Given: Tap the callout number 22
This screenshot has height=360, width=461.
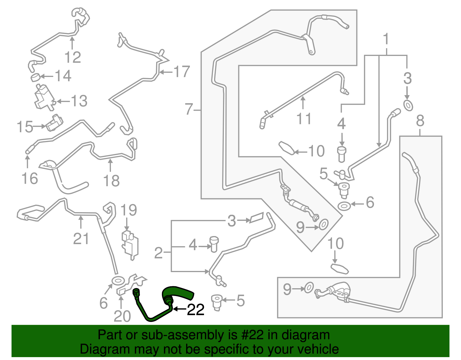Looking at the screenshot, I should click(x=196, y=310).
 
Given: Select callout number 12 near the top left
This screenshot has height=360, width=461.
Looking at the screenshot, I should click(x=73, y=57).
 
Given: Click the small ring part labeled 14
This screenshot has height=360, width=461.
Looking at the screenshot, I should click(x=35, y=77).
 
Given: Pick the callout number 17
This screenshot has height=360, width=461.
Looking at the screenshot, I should click(x=182, y=71).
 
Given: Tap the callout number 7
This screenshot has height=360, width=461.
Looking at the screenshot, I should click(x=189, y=109).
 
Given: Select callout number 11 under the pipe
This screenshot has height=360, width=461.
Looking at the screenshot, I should click(x=304, y=119).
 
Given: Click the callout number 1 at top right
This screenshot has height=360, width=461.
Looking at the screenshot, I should click(x=386, y=39).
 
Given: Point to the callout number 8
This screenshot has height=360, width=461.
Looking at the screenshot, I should click(x=420, y=121).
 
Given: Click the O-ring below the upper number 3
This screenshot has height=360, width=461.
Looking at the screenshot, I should click(x=408, y=105).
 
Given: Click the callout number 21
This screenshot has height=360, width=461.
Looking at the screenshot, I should click(x=81, y=239).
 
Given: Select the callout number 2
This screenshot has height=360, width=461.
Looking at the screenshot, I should click(x=158, y=253).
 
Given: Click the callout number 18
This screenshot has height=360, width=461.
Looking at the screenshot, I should click(x=111, y=181).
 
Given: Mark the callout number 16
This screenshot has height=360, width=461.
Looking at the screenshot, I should click(x=30, y=178).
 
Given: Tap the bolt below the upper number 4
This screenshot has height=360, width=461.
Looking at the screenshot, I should click(x=341, y=154).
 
